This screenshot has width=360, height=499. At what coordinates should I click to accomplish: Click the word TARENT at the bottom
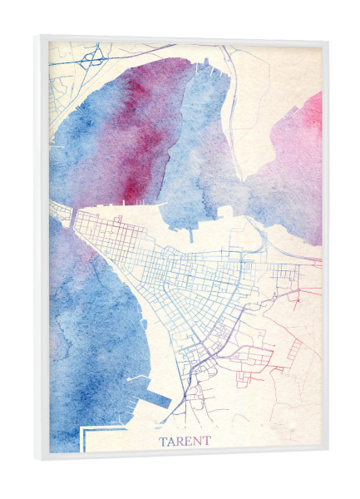(x=185, y=441)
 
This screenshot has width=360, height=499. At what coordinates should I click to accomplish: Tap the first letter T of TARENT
(x=162, y=441)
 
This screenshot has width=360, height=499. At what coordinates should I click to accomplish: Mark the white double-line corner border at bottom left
(x=83, y=432)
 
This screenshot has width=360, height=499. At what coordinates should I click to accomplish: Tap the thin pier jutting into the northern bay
(x=190, y=232)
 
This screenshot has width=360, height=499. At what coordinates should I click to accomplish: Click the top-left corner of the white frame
(x=38, y=36)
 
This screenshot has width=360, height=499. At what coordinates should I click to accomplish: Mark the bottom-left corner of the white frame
(x=37, y=460)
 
